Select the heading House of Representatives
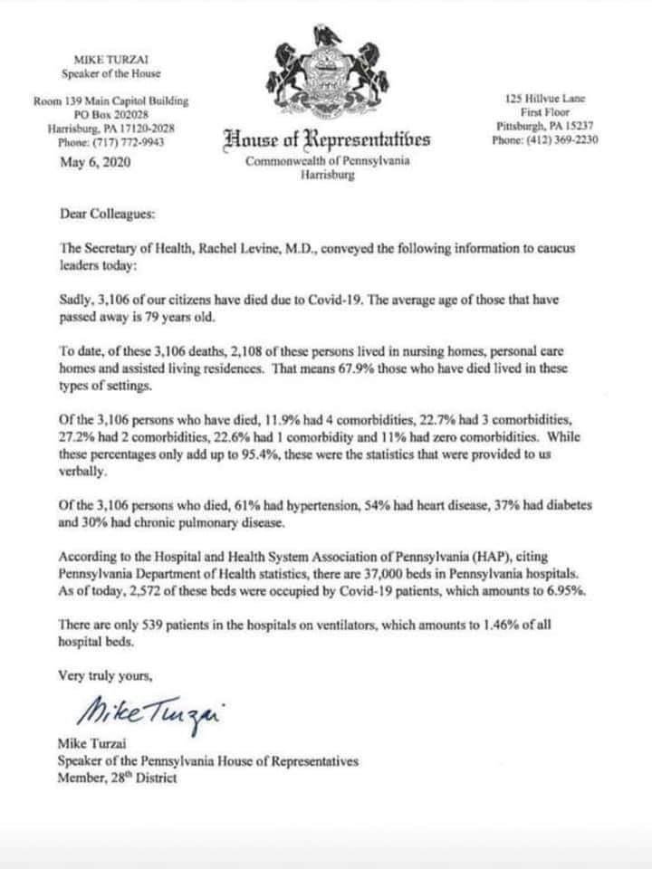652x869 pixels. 327,139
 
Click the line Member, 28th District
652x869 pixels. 117,778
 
